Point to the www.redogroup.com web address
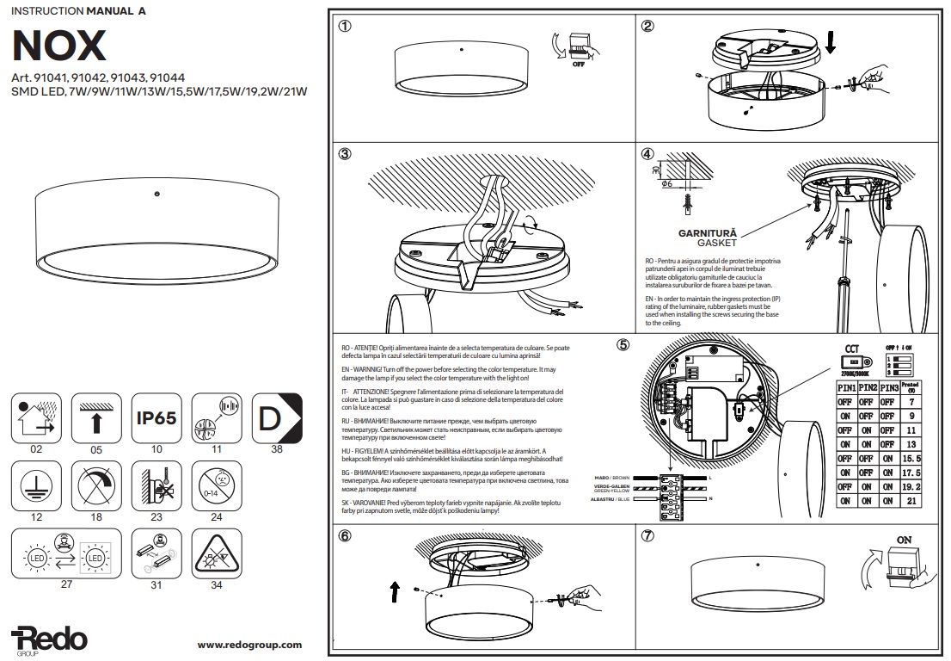(x=249, y=645)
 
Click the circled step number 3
(x=345, y=155)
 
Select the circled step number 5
(x=623, y=345)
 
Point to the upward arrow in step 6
(x=396, y=591)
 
